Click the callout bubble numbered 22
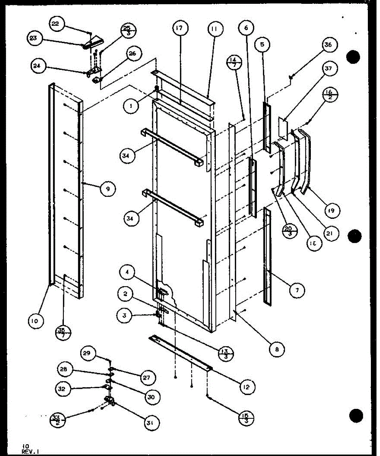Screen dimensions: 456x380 (55, 24)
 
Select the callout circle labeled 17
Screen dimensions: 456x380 (180, 29)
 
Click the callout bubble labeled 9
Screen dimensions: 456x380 (108, 189)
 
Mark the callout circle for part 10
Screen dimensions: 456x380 (35, 321)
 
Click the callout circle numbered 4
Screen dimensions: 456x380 (127, 272)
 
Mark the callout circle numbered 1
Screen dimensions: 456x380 (131, 107)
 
